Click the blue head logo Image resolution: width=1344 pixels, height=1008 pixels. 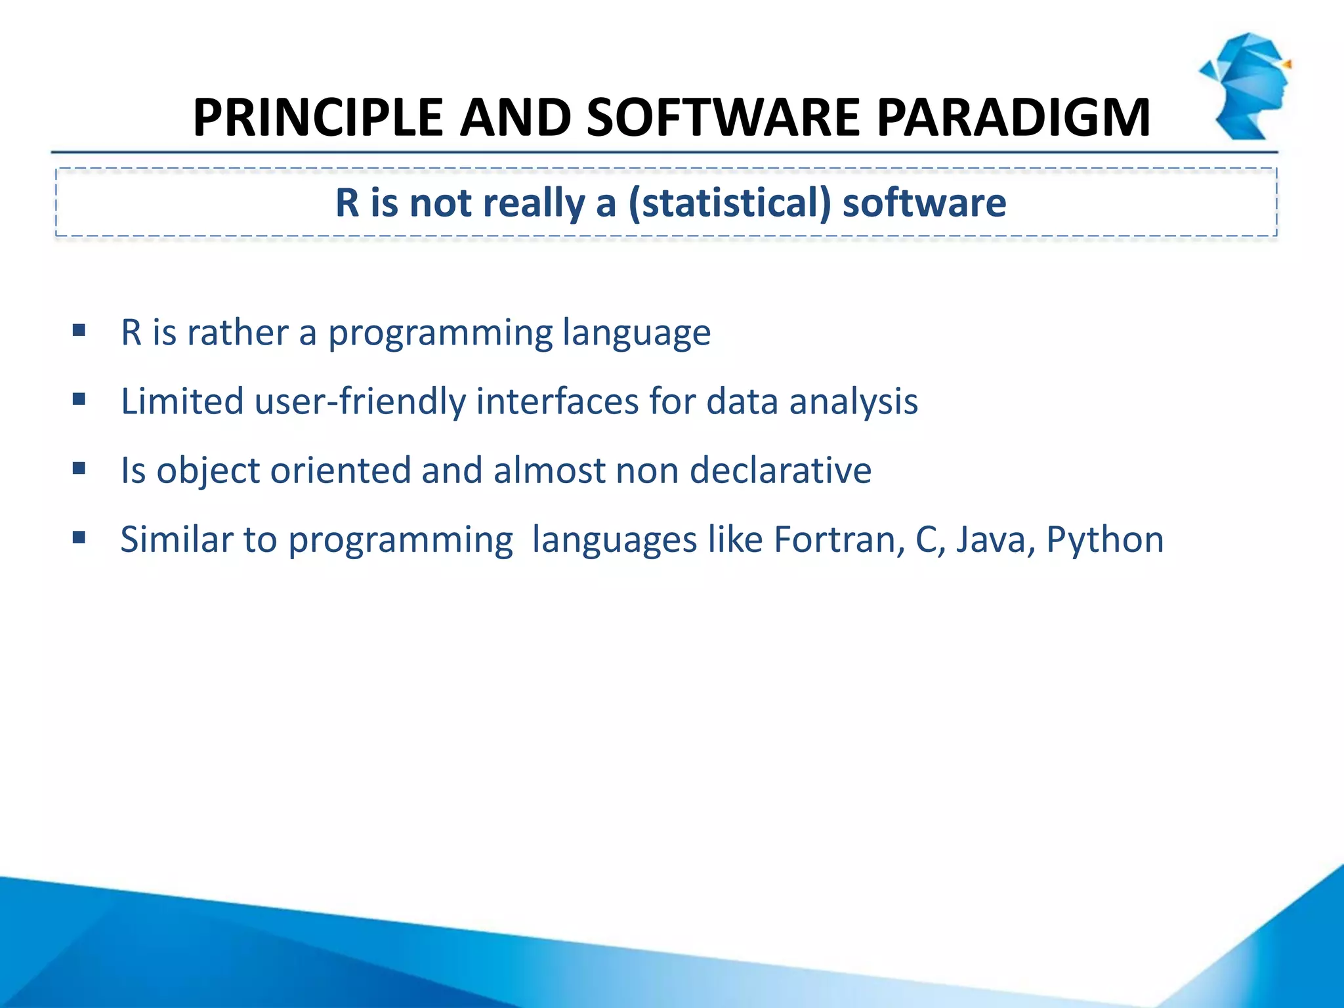click(x=1246, y=85)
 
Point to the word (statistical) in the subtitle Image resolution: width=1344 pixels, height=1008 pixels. click(x=729, y=203)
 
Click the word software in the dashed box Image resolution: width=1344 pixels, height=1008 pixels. click(x=924, y=203)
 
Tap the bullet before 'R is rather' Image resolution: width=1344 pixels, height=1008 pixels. click(x=79, y=330)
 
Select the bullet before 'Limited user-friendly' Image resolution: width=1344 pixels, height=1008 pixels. click(x=79, y=399)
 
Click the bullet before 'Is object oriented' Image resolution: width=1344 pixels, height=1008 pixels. click(x=79, y=469)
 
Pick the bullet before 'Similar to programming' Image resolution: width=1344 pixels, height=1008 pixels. click(x=79, y=538)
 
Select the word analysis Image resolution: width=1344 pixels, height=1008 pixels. click(x=853, y=402)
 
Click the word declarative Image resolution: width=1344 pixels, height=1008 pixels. click(x=780, y=471)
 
